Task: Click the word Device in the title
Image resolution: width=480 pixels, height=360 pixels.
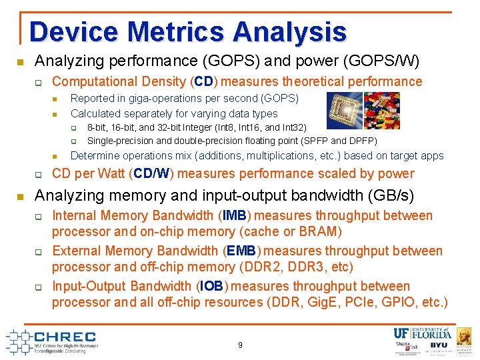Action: coord(73,32)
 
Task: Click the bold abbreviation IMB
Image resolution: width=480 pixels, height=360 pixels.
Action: coord(235,216)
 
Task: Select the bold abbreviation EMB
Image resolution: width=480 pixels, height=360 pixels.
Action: coord(240,251)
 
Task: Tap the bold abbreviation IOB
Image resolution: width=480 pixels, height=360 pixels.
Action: coord(212,287)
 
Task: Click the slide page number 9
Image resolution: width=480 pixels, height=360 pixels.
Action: coord(240,345)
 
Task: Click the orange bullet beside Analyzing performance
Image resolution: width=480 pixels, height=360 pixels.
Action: coord(20,62)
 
